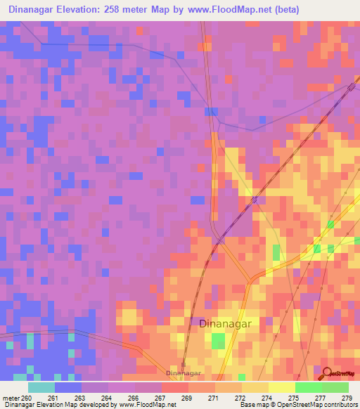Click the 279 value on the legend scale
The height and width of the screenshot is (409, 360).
pos(347,398)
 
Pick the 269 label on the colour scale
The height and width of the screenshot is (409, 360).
pos(187,398)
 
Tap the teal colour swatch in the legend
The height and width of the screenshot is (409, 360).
pos(41,387)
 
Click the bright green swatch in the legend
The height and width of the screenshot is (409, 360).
pos(309,387)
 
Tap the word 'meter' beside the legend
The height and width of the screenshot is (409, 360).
pos(9,398)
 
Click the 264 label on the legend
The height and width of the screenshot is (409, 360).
pos(107,398)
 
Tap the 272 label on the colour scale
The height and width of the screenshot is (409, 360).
pos(240,398)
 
